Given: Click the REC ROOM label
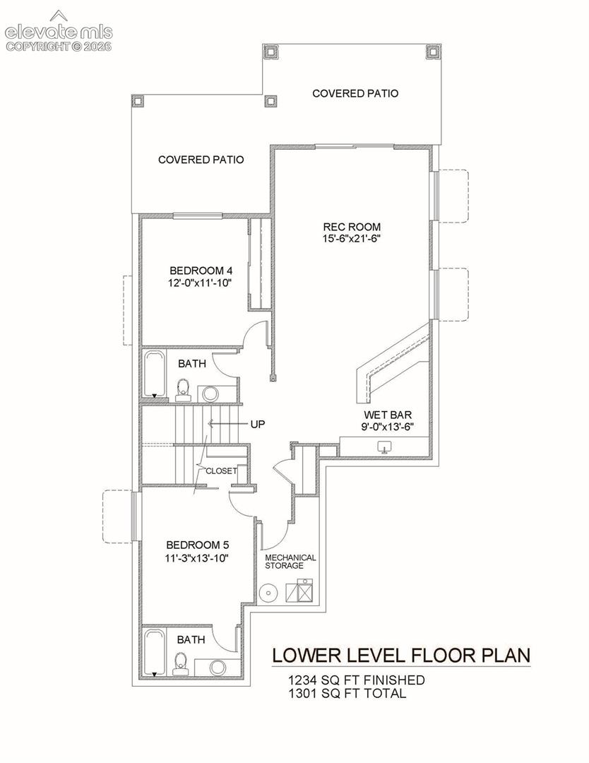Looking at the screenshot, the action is click(x=352, y=227).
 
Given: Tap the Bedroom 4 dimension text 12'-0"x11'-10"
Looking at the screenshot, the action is click(x=199, y=283).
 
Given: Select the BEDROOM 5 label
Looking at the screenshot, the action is click(x=198, y=545).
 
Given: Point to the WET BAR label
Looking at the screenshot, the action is click(x=388, y=415).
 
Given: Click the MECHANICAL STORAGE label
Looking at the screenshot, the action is click(x=290, y=562).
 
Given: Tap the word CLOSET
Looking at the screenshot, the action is click(x=221, y=471).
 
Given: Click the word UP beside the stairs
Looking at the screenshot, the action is click(x=258, y=425).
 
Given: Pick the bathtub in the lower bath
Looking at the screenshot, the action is click(x=155, y=653).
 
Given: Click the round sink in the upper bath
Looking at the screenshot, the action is click(x=210, y=394).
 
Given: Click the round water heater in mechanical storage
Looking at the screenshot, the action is click(x=267, y=593).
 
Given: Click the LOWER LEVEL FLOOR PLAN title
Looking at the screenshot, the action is click(x=401, y=656).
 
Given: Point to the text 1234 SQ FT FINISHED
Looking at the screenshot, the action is click(x=356, y=680).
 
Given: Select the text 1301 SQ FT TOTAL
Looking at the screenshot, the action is click(x=347, y=693).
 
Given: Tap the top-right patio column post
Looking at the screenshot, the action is click(x=432, y=52).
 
